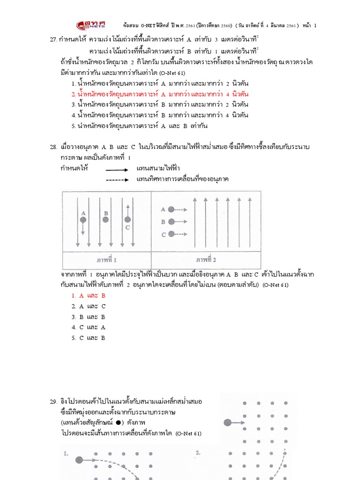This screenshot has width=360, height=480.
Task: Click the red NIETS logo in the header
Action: click(x=92, y=25)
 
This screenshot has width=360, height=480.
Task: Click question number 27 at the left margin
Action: click(x=53, y=39)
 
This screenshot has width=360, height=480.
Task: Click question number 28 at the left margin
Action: click(x=53, y=147)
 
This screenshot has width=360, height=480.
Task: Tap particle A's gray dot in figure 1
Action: click(x=83, y=219)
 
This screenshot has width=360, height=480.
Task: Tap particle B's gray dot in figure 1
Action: click(x=106, y=219)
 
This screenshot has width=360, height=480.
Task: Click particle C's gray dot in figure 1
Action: click(x=127, y=219)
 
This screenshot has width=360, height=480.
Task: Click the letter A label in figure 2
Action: click(x=163, y=210)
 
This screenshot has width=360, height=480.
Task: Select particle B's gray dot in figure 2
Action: click(x=171, y=222)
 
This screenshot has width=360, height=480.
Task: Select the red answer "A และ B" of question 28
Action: click(x=89, y=296)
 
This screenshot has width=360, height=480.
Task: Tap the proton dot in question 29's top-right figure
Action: click(x=227, y=422)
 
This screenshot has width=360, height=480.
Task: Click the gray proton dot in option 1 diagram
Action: click(x=78, y=459)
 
